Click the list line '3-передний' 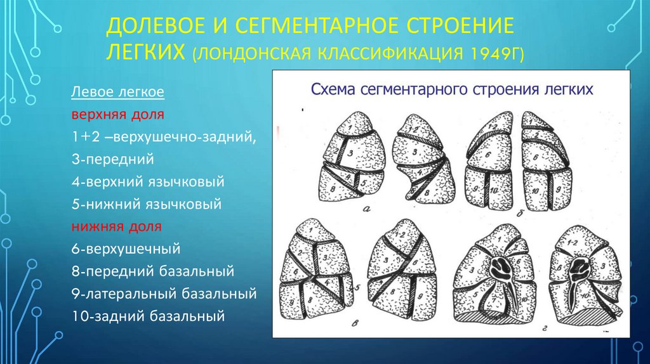point(113,159)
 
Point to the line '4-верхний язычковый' point(148,182)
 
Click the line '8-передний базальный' point(153,271)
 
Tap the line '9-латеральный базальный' point(164,294)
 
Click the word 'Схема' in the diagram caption point(332,89)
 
